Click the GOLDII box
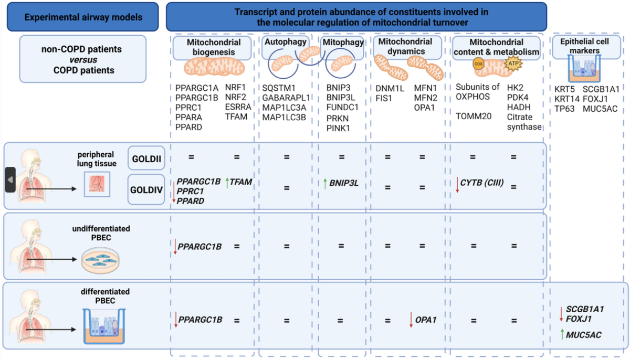(146, 158)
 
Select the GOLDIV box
(146, 189)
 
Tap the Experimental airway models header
(83, 17)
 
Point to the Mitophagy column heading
(343, 42)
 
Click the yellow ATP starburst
(513, 63)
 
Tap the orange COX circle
(478, 64)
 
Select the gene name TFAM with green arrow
(241, 182)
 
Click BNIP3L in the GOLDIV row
(344, 183)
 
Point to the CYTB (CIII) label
(482, 183)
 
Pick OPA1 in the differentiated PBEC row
(426, 320)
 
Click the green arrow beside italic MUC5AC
(562, 334)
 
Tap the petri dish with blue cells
(100, 260)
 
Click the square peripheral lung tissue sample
(97, 184)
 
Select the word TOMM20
(474, 116)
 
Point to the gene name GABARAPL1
(286, 98)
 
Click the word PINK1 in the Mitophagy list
(338, 128)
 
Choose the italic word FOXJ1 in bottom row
(579, 319)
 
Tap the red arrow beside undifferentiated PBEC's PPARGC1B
(175, 247)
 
